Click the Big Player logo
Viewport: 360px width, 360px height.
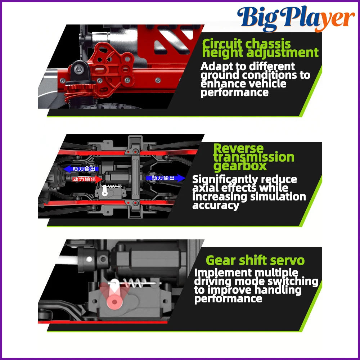point(296,19)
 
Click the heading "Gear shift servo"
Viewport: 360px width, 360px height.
point(255,260)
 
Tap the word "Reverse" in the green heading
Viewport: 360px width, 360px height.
point(238,149)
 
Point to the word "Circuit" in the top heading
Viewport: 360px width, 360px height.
point(222,44)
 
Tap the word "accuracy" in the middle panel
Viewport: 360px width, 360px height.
point(216,206)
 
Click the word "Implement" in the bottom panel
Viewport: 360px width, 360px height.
point(223,273)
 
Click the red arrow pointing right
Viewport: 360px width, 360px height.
point(87,179)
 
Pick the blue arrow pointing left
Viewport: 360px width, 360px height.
point(81,169)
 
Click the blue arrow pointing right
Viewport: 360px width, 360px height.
point(165,178)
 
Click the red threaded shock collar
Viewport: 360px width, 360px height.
point(80,88)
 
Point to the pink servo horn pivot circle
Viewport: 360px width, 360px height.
point(114,301)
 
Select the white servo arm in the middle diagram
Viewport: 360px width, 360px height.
point(105,190)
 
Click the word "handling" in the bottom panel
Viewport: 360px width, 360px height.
point(278,290)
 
